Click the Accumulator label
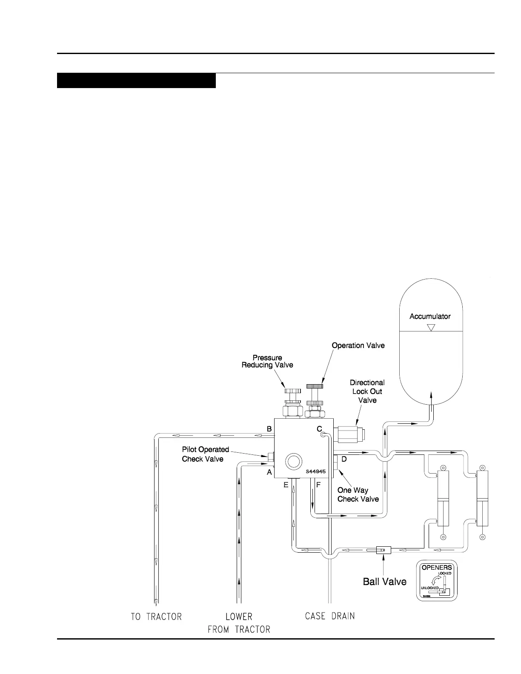tap(430, 316)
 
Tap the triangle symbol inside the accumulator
tap(431, 328)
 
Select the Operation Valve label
tap(358, 345)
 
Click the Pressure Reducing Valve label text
tap(267, 361)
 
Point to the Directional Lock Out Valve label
tap(367, 391)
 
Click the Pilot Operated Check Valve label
tap(205, 454)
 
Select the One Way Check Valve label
tap(358, 494)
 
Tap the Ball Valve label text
tap(384, 582)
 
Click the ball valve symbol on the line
tap(384, 550)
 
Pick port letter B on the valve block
tap(269, 429)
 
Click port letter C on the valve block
tap(319, 429)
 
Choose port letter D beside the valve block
tap(344, 459)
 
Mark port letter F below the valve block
tap(318, 485)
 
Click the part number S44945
tap(315, 471)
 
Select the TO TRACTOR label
tap(156, 617)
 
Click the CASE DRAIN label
tap(330, 616)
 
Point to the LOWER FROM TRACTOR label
tap(239, 623)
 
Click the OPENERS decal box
tap(436, 581)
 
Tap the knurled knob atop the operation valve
tap(315, 386)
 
